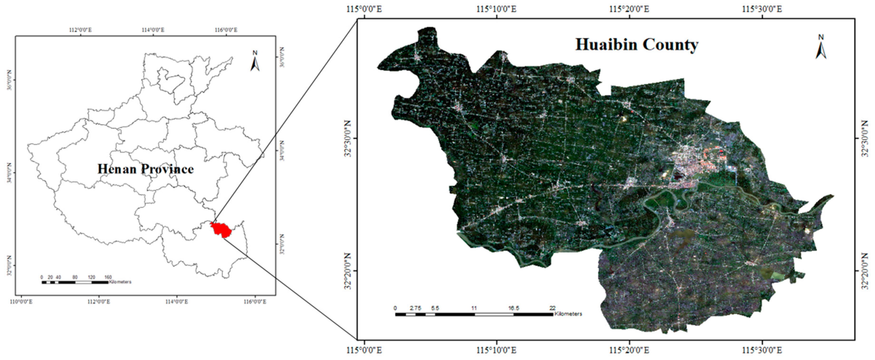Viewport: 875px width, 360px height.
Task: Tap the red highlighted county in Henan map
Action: (x=221, y=229)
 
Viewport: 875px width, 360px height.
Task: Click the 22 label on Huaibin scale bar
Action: (x=553, y=308)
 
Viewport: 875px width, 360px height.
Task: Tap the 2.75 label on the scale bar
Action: (x=415, y=308)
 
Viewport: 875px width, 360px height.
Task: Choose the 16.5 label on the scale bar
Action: (x=514, y=308)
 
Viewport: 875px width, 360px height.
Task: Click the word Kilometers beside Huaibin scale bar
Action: (x=568, y=314)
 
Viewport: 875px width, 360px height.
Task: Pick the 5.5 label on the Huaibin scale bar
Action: (x=435, y=308)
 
